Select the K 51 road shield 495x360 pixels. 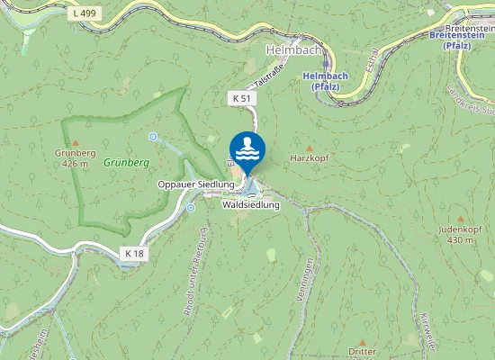[240, 96]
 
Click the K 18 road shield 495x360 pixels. [133, 254]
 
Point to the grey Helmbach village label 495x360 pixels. [289, 49]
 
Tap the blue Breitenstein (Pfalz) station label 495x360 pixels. [463, 40]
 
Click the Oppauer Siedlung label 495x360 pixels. [196, 184]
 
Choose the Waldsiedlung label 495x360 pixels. [251, 205]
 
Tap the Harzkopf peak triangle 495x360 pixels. [310, 148]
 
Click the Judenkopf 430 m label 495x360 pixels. [455, 235]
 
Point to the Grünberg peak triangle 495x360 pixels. [76, 142]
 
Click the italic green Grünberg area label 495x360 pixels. [125, 163]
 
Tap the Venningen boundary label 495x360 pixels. [310, 278]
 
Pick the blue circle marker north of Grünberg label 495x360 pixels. [153, 137]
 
